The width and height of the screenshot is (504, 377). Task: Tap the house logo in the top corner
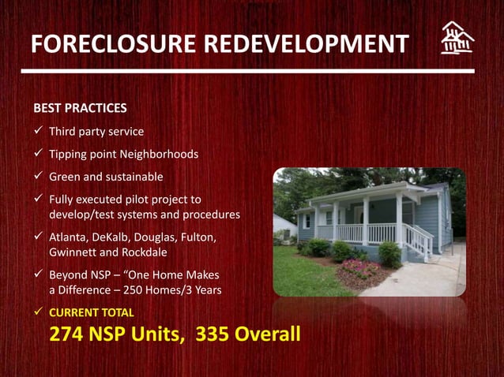pyautogui.click(x=457, y=38)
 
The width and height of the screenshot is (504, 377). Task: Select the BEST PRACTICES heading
pyautogui.click(x=80, y=107)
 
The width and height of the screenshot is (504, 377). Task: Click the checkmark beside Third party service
pyautogui.click(x=38, y=131)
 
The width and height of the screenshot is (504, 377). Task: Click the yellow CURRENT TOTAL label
pyautogui.click(x=92, y=312)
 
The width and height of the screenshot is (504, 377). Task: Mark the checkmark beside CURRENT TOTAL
pyautogui.click(x=38, y=312)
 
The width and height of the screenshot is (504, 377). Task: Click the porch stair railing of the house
pyautogui.click(x=418, y=240)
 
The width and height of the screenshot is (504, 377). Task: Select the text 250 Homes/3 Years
pyautogui.click(x=171, y=289)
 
